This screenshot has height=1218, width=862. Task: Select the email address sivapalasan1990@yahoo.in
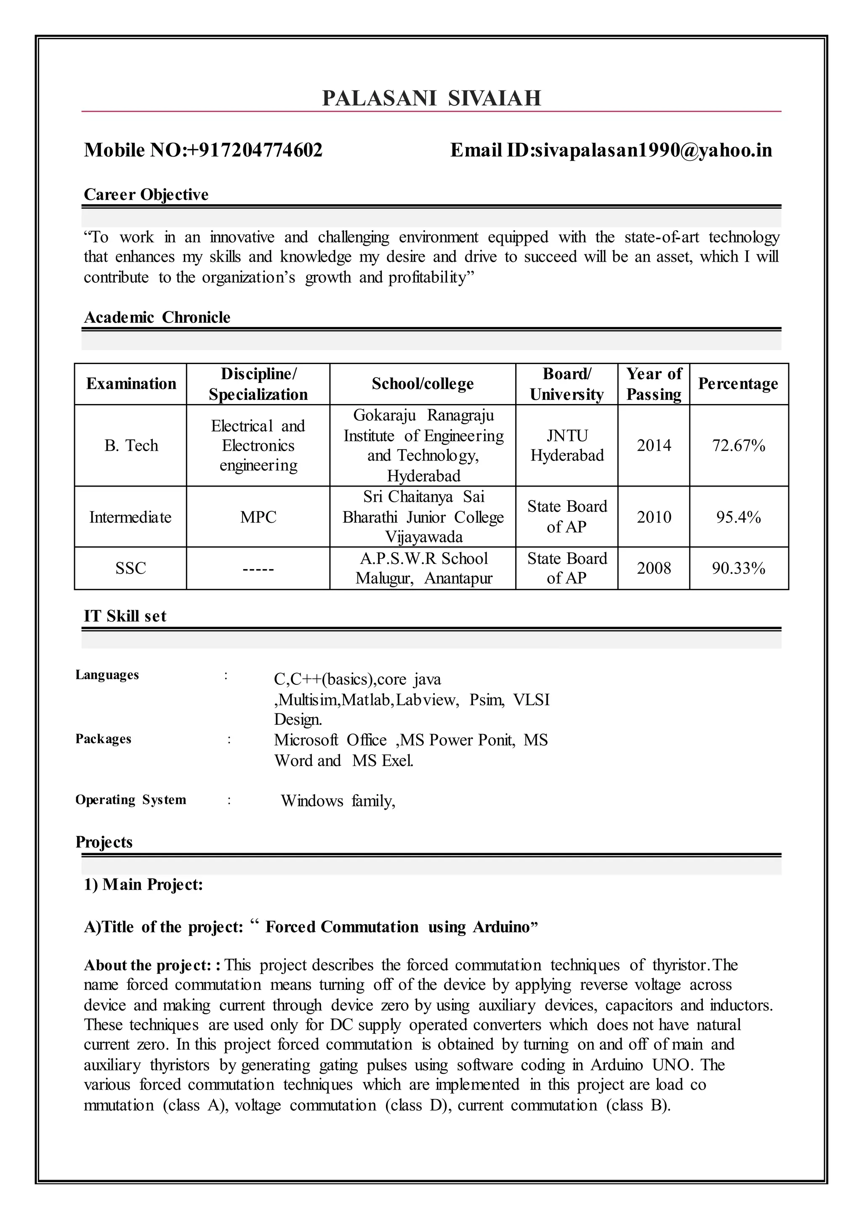pyautogui.click(x=653, y=151)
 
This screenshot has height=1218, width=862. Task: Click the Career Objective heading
pyautogui.click(x=146, y=195)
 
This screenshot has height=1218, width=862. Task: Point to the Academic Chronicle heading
pyautogui.click(x=157, y=317)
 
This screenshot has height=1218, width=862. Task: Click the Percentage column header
pyautogui.click(x=738, y=384)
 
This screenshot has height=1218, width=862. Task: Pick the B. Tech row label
pyautogui.click(x=131, y=445)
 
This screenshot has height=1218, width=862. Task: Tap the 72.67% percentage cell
pyautogui.click(x=738, y=445)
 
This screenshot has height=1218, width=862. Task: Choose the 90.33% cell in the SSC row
pyautogui.click(x=738, y=569)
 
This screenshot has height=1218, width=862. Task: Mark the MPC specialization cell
pyautogui.click(x=258, y=517)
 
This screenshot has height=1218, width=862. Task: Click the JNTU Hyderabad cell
pyautogui.click(x=567, y=445)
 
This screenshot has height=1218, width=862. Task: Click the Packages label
pyautogui.click(x=103, y=739)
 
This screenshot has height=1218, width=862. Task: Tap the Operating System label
pyautogui.click(x=130, y=800)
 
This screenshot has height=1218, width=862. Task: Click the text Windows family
pyautogui.click(x=338, y=801)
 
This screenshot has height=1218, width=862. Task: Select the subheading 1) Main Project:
pyautogui.click(x=143, y=885)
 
